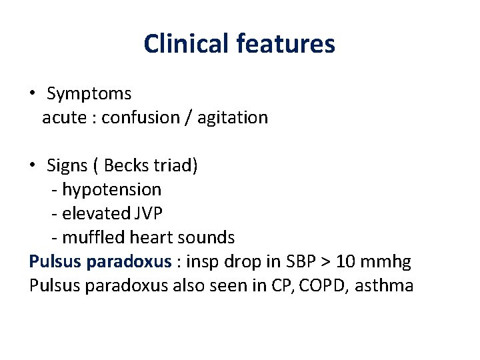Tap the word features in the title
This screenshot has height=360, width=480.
(x=285, y=44)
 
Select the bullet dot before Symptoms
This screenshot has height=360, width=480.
(x=33, y=93)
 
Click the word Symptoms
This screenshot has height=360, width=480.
(x=89, y=94)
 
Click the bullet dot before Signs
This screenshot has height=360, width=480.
(x=33, y=165)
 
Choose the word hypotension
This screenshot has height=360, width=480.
(x=111, y=190)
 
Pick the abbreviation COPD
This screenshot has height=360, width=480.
(x=324, y=286)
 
